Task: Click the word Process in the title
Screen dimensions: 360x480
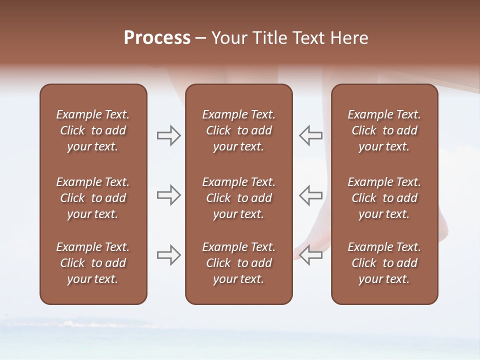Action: (x=157, y=38)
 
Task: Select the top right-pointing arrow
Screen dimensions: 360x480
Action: (x=169, y=135)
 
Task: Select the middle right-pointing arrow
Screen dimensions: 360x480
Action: (x=169, y=195)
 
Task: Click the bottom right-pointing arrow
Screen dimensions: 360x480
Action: (x=169, y=255)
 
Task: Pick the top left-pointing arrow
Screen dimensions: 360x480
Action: (x=310, y=135)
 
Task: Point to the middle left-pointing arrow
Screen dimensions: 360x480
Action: (x=310, y=195)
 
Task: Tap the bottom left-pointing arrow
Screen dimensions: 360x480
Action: (x=310, y=255)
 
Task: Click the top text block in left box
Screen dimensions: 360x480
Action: (x=93, y=130)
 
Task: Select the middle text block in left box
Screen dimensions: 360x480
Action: (x=93, y=198)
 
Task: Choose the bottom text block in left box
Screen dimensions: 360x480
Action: (x=93, y=263)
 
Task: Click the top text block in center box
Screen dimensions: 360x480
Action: (x=238, y=130)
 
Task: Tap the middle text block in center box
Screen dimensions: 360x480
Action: (x=238, y=198)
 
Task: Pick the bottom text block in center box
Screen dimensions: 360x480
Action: (x=238, y=263)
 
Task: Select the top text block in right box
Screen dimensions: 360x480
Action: (x=384, y=130)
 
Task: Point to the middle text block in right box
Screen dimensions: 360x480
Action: (x=384, y=198)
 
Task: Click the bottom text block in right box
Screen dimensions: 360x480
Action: (x=384, y=263)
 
